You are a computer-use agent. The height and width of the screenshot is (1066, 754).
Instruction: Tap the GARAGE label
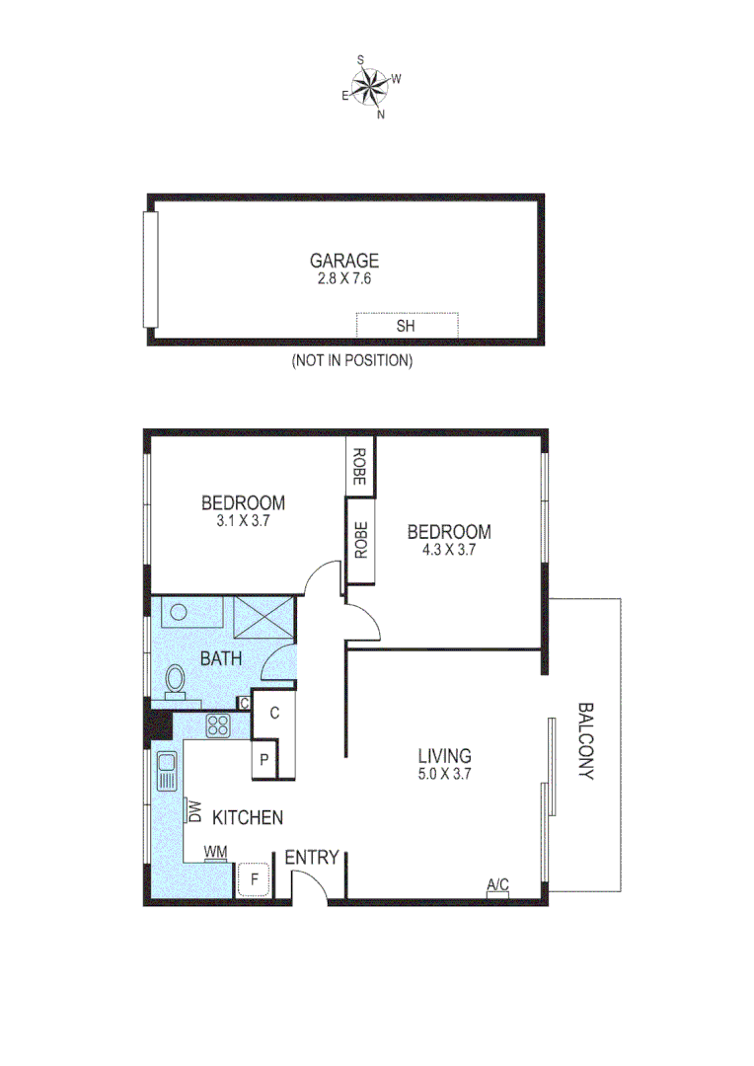click(x=344, y=262)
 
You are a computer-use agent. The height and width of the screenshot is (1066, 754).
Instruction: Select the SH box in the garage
click(x=407, y=326)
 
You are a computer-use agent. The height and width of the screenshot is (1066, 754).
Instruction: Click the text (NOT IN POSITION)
click(x=351, y=361)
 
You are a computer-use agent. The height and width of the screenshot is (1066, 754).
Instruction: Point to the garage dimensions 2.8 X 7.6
click(x=344, y=279)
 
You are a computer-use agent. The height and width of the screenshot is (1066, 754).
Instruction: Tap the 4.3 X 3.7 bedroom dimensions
click(x=448, y=551)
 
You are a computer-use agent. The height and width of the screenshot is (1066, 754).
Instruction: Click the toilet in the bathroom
click(x=176, y=680)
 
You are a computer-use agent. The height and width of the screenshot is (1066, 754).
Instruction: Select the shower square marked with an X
click(x=262, y=620)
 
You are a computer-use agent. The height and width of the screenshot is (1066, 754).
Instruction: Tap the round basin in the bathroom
click(x=179, y=611)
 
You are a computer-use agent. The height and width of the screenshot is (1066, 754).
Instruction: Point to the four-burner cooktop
click(x=218, y=727)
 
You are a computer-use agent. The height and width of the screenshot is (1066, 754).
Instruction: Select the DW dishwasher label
click(x=194, y=811)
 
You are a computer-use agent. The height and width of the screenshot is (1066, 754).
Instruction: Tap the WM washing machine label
click(x=215, y=852)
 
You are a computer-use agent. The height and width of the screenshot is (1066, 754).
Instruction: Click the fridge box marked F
click(x=255, y=877)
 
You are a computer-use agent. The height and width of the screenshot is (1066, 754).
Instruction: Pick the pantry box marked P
click(x=264, y=760)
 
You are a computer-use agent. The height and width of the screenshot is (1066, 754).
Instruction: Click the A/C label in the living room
click(x=497, y=885)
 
